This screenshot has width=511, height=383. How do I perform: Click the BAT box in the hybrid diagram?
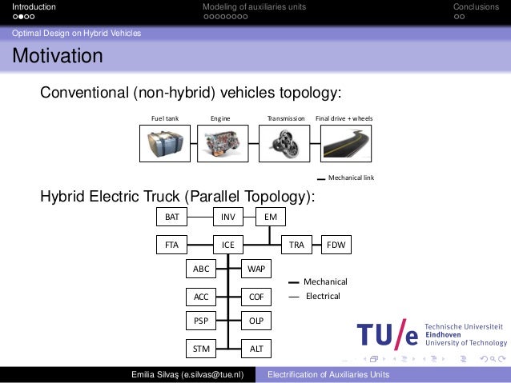tap(171, 217)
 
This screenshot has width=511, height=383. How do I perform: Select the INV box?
tap(227, 217)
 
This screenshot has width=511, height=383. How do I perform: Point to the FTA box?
tap(171, 245)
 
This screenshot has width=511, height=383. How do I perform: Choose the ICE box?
tap(227, 245)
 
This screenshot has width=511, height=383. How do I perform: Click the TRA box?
tap(296, 245)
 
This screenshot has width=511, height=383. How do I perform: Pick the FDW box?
tap(336, 245)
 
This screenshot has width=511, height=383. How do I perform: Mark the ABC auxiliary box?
tap(201, 269)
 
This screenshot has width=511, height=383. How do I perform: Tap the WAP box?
tap(256, 269)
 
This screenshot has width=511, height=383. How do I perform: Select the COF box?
tap(256, 297)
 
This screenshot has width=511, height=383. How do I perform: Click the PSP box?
tap(201, 321)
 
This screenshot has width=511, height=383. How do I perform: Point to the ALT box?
tap(256, 349)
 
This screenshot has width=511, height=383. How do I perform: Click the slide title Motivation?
tap(57, 58)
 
